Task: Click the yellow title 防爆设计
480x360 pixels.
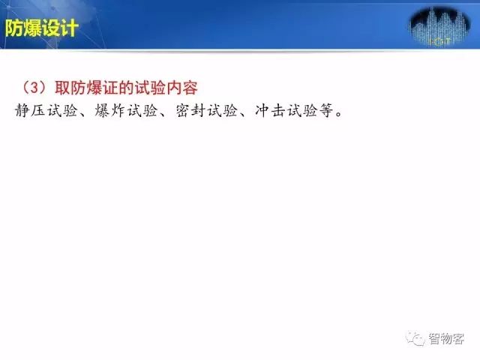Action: (x=42, y=28)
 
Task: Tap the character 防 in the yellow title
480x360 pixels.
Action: (x=13, y=28)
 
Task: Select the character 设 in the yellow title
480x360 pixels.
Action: (x=51, y=28)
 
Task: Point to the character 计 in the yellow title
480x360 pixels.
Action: (x=70, y=28)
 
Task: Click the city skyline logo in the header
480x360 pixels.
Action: (x=439, y=27)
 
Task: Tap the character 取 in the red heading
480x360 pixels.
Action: (x=63, y=88)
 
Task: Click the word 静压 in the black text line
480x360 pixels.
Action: (x=30, y=110)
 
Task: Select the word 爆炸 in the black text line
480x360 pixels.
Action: (x=110, y=110)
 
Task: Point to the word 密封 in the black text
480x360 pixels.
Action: (x=190, y=110)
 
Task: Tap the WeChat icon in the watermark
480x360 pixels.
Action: (x=415, y=338)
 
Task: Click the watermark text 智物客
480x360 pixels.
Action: (x=446, y=338)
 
